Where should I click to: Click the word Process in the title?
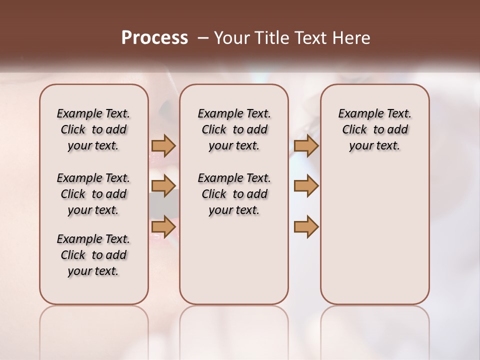pyautogui.click(x=154, y=38)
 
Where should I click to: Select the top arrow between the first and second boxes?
pyautogui.click(x=163, y=146)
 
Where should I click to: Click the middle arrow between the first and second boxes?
pyautogui.click(x=163, y=186)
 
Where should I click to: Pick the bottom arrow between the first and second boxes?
pyautogui.click(x=163, y=227)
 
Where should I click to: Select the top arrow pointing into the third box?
pyautogui.click(x=306, y=146)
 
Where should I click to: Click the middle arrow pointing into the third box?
pyautogui.click(x=306, y=186)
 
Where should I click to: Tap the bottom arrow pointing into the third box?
pyautogui.click(x=306, y=227)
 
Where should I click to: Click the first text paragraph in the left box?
pyautogui.click(x=93, y=129)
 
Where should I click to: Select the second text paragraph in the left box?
pyautogui.click(x=93, y=194)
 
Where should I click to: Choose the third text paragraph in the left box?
pyautogui.click(x=93, y=255)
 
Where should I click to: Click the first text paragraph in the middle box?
pyautogui.click(x=234, y=129)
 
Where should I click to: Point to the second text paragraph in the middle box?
pyautogui.click(x=234, y=194)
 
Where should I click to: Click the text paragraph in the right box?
pyautogui.click(x=374, y=129)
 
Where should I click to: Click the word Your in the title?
pyautogui.click(x=231, y=38)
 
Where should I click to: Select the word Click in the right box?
pyautogui.click(x=354, y=130)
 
